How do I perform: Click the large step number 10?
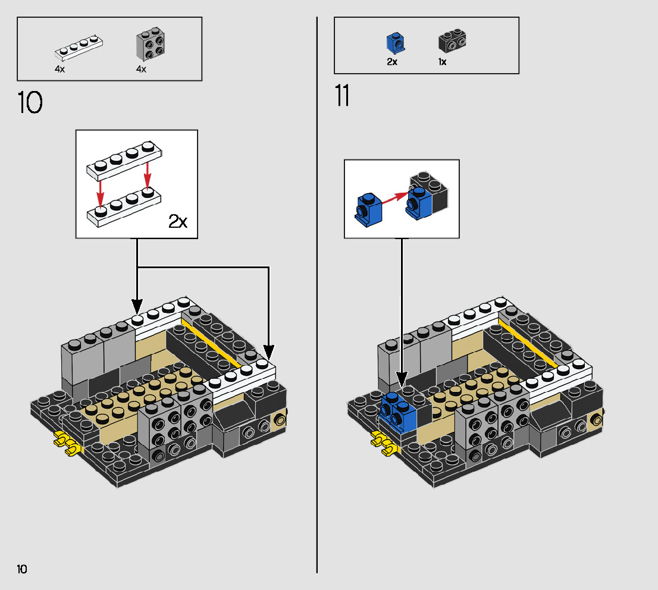click(30, 102)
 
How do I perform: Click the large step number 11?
click(342, 96)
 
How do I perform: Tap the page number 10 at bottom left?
click(22, 569)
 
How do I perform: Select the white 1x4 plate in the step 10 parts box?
click(79, 48)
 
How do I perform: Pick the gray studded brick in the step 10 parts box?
click(151, 44)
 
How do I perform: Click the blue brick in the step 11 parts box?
click(396, 43)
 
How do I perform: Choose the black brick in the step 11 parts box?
click(452, 40)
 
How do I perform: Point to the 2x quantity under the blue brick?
click(392, 62)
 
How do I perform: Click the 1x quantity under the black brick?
click(442, 62)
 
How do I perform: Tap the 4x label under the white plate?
click(59, 69)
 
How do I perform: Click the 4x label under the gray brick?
click(141, 69)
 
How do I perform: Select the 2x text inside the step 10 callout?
click(178, 221)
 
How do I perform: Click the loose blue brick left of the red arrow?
click(368, 210)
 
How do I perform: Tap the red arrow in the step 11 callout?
click(395, 198)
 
